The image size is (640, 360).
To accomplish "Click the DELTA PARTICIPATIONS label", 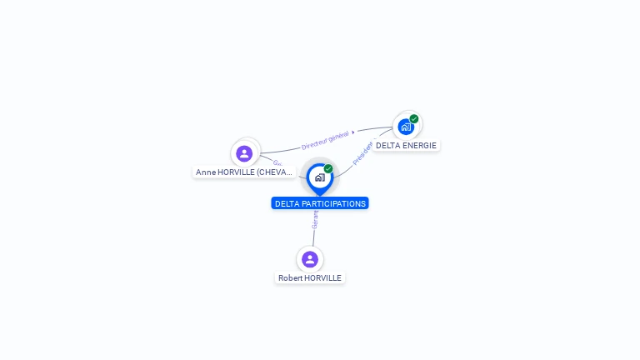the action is coord(320,203).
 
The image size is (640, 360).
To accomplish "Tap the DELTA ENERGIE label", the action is coord(406,145).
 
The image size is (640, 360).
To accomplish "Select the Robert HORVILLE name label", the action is coord(310,277).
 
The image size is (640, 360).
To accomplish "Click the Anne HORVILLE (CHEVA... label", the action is coord(244,172).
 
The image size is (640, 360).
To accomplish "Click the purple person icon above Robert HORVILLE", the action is coord(310,259).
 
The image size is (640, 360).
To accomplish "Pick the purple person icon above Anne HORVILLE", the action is coord(244,153).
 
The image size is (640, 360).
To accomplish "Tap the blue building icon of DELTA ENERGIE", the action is coord(405,127).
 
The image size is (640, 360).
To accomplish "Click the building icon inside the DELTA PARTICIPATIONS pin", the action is coord(319,177).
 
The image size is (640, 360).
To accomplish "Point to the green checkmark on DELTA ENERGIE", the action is coord(414,118).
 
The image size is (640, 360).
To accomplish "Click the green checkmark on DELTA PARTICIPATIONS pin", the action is coord(328,169).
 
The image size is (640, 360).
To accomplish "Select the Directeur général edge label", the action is coord(325,140).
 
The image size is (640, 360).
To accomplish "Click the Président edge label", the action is coord(363,152).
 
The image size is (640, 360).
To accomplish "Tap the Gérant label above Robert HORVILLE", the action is coord(315,219).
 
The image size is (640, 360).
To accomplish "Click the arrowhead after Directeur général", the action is coord(353,132).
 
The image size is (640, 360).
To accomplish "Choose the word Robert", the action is coord(290,277).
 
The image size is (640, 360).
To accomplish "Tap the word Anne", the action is coord(205,172).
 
